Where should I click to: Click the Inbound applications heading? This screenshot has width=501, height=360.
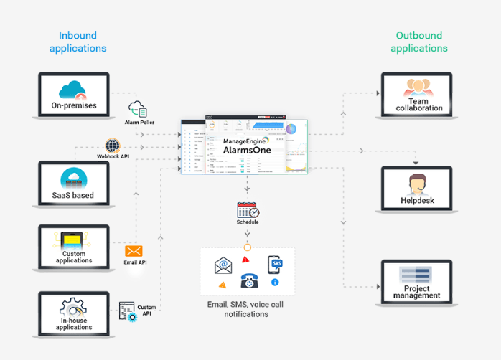tap(78, 42)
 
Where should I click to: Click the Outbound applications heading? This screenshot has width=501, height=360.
tap(419, 42)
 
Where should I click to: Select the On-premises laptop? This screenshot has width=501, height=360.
tap(74, 96)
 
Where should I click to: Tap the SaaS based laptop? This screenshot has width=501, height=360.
tap(73, 184)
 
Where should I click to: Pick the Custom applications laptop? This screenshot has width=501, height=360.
tap(74, 247)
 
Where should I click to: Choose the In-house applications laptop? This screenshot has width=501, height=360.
tap(74, 313)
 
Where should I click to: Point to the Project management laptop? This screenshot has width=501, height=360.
tap(417, 283)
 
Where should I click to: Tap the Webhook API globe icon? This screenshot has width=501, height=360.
tap(113, 146)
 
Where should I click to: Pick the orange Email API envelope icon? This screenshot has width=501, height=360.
tap(134, 251)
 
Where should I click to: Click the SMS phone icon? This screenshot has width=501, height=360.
tap(274, 264)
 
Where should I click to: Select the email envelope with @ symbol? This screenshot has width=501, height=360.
tap(224, 266)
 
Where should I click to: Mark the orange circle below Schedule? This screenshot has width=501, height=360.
tap(248, 247)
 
